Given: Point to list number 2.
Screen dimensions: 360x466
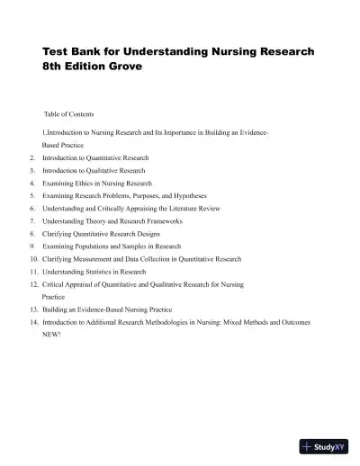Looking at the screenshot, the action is pyautogui.click(x=32, y=157).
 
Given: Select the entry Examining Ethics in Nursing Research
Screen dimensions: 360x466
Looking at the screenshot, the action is pyautogui.click(x=96, y=183).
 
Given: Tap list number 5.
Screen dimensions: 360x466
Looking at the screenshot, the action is pyautogui.click(x=32, y=195).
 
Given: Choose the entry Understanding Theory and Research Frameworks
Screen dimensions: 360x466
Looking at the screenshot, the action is pyautogui.click(x=112, y=220).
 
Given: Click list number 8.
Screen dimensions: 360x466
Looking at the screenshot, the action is pyautogui.click(x=32, y=233).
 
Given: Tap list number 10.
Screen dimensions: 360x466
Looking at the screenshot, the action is pyautogui.click(x=33, y=258).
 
